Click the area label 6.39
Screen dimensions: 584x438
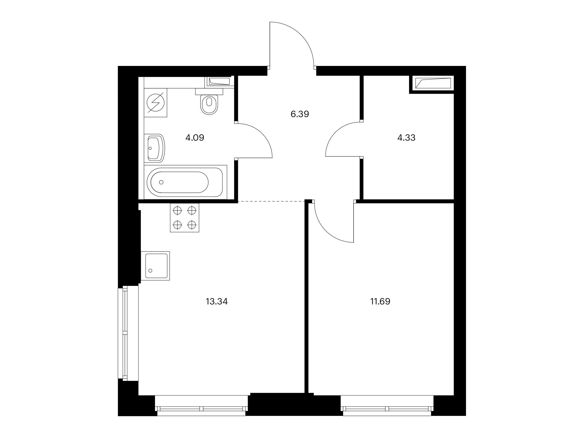(x=300, y=114)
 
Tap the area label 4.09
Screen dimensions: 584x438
(x=195, y=137)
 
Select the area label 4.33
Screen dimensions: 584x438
(x=406, y=137)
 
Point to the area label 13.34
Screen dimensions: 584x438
(x=217, y=301)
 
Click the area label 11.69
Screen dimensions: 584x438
(x=380, y=301)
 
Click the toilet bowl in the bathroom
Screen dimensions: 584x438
(x=210, y=105)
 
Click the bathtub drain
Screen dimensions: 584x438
(x=161, y=182)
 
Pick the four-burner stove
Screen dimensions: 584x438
(x=184, y=218)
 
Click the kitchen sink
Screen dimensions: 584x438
(x=155, y=266)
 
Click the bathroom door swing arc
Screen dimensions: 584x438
(x=261, y=133)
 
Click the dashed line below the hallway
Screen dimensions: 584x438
(x=272, y=201)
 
